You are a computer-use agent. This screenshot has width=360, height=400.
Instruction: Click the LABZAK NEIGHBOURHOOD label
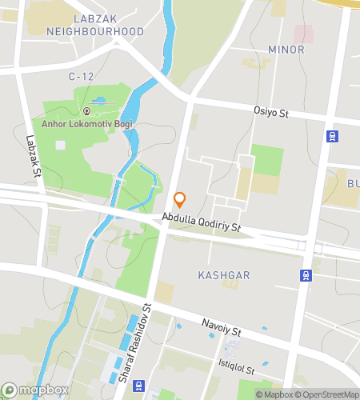tap(94, 25)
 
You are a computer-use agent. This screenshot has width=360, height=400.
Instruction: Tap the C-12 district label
tap(82, 76)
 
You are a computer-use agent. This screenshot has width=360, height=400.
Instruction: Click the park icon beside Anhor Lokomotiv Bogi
tap(87, 111)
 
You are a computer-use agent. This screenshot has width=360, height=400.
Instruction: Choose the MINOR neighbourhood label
tap(286, 50)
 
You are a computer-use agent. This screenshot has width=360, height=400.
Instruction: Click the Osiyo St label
tap(270, 114)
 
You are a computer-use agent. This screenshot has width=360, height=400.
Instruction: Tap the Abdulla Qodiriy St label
tap(201, 222)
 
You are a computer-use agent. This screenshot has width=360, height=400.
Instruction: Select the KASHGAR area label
tap(223, 275)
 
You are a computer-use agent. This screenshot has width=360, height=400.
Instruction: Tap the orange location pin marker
tap(180, 199)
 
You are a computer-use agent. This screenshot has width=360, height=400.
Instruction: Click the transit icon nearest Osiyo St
tap(331, 136)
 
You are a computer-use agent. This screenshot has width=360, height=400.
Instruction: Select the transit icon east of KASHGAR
tap(305, 275)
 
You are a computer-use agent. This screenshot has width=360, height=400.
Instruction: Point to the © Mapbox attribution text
tap(274, 394)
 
